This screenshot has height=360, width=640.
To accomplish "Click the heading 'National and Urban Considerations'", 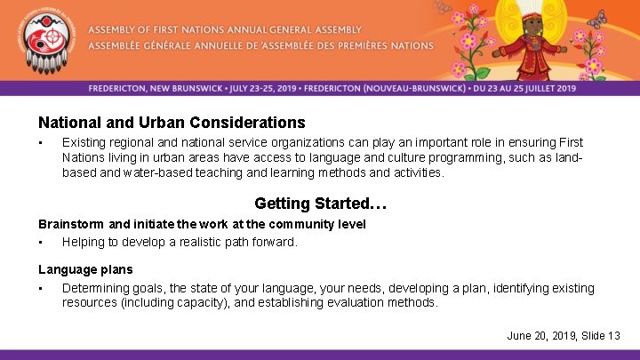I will pos(172,123).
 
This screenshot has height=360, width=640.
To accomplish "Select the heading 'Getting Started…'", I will pos(320,204).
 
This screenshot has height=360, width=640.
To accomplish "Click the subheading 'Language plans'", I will pos(85,269).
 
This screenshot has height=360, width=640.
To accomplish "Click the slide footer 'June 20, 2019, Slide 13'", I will pos(564,335).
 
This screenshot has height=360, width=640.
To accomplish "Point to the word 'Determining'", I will pos(95,288).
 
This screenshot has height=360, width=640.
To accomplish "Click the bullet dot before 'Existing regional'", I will pos(41,143).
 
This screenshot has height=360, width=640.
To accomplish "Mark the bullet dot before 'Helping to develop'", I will pos(41,243).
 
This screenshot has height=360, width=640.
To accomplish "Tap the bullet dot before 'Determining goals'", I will pos(41,289).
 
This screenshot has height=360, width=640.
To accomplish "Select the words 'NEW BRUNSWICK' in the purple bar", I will pos(190,89).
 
